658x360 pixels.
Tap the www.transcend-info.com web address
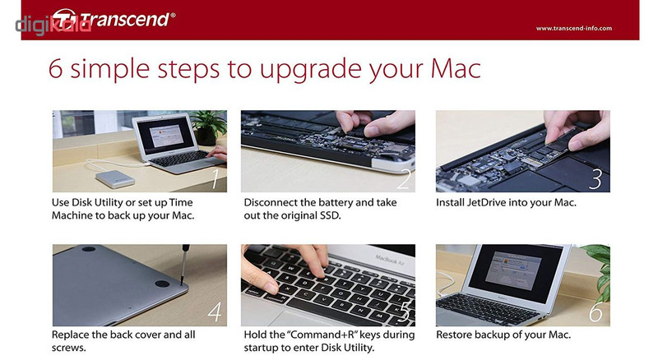573,29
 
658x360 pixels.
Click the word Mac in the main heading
456,69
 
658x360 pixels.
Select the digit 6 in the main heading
56,69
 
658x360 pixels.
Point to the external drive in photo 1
115,179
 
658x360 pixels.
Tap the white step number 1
215,178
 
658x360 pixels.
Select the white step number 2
404,178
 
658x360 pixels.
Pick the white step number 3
595,178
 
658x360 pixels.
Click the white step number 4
215,312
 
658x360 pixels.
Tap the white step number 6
595,312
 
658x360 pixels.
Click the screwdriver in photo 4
184,265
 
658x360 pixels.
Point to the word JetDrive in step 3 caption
486,203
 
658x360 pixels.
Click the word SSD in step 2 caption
331,215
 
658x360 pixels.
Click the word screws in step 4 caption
68,348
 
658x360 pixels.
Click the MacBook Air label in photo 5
389,261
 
